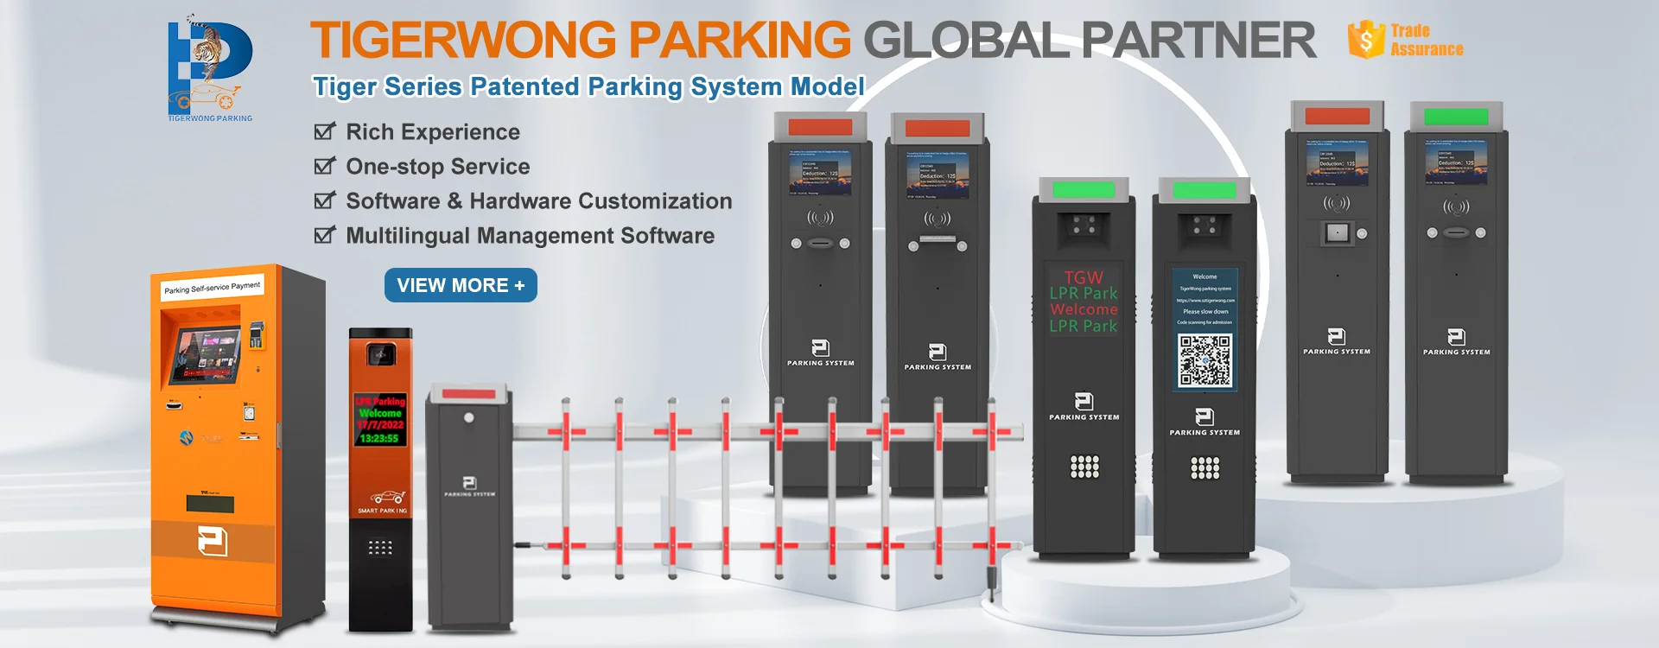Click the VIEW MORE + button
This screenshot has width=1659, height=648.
pyautogui.click(x=461, y=285)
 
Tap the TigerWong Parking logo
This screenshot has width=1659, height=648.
pyautogui.click(x=210, y=68)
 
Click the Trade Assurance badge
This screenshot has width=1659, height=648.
pyautogui.click(x=1406, y=40)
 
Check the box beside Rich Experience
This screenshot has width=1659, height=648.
pyautogui.click(x=324, y=131)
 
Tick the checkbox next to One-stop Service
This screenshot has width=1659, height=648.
pyautogui.click(x=324, y=166)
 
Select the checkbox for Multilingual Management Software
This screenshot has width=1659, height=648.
pyautogui.click(x=324, y=235)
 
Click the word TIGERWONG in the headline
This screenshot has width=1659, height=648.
pyautogui.click(x=463, y=40)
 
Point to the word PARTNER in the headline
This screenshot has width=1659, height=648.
pyautogui.click(x=1198, y=40)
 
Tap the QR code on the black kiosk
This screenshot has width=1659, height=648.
pyautogui.click(x=1205, y=360)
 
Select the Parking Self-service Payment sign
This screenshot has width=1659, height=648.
pyautogui.click(x=212, y=287)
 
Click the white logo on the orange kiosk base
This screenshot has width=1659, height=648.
pyautogui.click(x=213, y=542)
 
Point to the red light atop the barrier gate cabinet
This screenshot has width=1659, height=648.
pyautogui.click(x=469, y=393)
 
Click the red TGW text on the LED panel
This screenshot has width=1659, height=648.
pyautogui.click(x=1084, y=277)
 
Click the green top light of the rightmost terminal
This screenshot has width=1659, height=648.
pyautogui.click(x=1456, y=116)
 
